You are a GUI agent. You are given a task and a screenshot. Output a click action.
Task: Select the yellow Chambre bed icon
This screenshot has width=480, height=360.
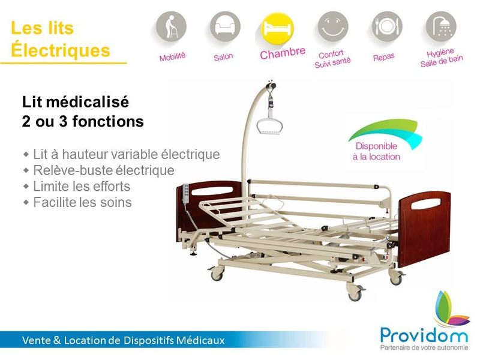tap(278, 28)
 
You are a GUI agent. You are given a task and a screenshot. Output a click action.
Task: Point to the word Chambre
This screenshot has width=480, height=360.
tap(283, 53)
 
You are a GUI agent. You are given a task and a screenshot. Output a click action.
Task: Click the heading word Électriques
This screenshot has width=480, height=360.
tap(61, 50)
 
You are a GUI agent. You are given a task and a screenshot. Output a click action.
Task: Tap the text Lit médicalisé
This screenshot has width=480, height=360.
tap(75, 102)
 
